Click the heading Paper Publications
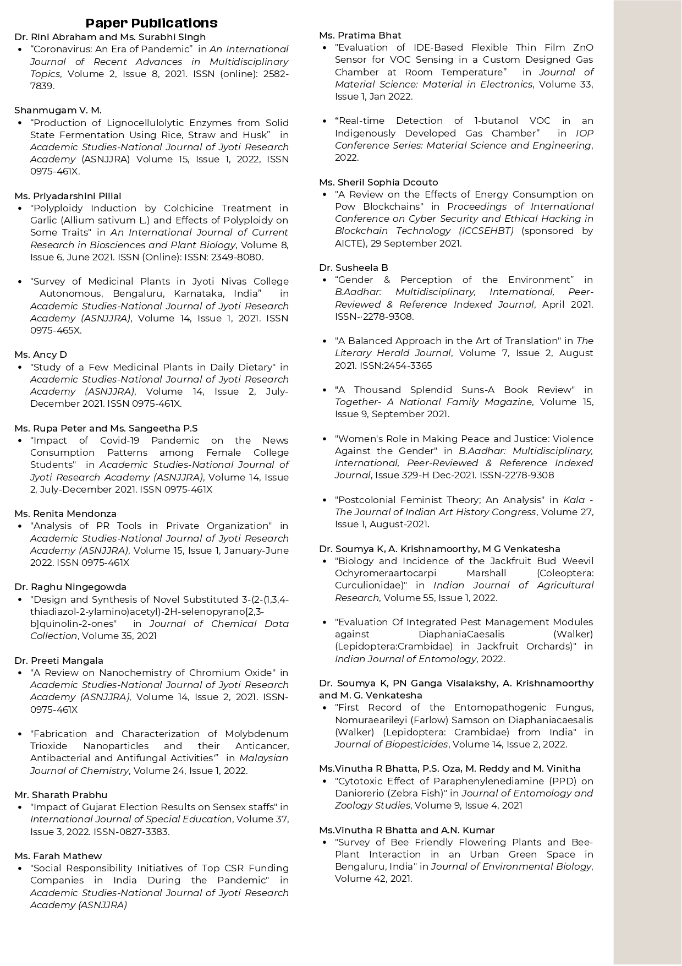coord(151,23)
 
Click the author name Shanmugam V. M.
coord(58,110)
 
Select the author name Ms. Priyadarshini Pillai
coord(68,196)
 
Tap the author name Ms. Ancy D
coord(41,354)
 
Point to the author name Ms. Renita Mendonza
coord(65,514)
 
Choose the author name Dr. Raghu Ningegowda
coord(70,587)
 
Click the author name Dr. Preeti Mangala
coord(59,661)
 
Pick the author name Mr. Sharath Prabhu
coord(61,795)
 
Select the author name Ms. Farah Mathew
coord(58,856)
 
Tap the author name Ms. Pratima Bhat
coord(360,35)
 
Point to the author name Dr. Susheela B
coord(354,268)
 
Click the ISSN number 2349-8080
coord(238,257)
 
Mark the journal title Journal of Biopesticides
coord(391,744)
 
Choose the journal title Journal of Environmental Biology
coord(512,866)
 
